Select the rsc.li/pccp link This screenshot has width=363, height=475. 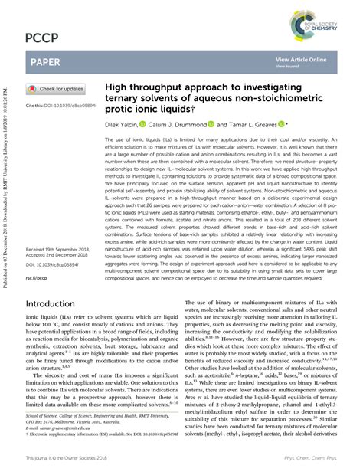point(37,257)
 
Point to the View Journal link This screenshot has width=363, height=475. point(287,67)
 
